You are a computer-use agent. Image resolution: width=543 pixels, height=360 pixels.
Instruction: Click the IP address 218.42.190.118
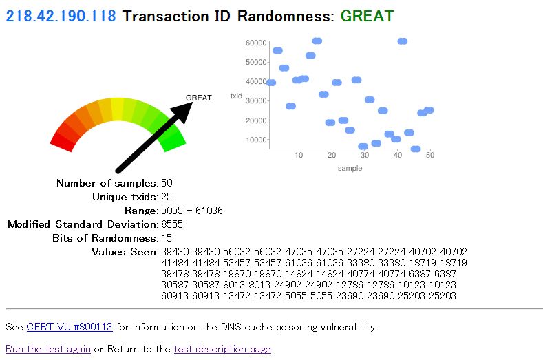coord(61,16)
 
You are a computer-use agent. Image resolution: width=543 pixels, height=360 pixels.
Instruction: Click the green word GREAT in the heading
coord(367,16)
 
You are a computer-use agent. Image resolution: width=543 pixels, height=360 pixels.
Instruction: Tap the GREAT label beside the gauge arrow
coord(198,98)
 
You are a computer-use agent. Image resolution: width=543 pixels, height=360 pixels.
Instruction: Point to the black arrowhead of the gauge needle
coord(182,110)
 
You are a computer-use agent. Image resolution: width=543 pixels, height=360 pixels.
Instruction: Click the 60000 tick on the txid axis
coord(256,43)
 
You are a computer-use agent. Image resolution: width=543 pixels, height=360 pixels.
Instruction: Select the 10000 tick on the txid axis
coord(256,140)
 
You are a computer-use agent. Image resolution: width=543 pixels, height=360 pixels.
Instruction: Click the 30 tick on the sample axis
coord(364,155)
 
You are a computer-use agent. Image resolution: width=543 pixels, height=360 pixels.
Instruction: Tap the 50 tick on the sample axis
coord(430,155)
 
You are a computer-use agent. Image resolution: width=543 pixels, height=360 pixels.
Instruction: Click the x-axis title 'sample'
coord(350,168)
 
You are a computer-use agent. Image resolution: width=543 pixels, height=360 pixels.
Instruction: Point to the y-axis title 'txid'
coord(236,96)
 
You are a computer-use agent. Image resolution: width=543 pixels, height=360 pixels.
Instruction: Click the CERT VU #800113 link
coord(70,327)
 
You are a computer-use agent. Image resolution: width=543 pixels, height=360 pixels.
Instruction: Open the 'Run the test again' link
coord(48,349)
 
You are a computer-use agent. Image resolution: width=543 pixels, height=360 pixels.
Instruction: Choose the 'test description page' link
coord(222,349)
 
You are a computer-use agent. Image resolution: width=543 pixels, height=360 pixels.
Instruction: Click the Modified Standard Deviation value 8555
coord(172,224)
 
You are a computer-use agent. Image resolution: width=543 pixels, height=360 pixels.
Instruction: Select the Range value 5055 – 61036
coord(192,211)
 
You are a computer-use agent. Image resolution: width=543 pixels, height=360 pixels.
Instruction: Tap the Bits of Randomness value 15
coord(167,238)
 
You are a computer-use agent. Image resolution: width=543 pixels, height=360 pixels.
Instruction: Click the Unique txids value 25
coord(167,196)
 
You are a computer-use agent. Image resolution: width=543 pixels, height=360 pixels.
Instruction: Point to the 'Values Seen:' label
coord(125,251)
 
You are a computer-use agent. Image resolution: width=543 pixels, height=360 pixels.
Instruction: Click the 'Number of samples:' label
coord(107,183)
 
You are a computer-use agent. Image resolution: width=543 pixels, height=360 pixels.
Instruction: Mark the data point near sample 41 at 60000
coord(403,41)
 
